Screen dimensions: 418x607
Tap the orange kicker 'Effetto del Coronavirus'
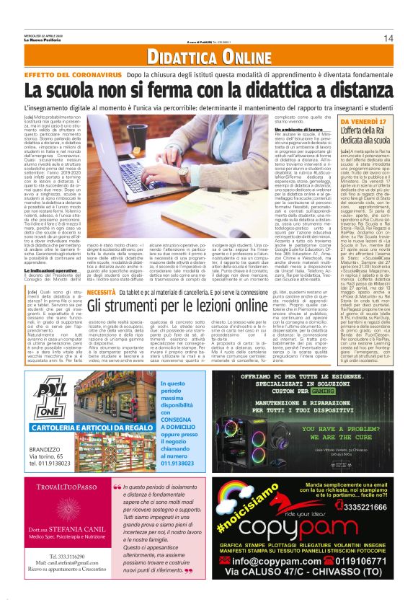(x=84, y=74)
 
